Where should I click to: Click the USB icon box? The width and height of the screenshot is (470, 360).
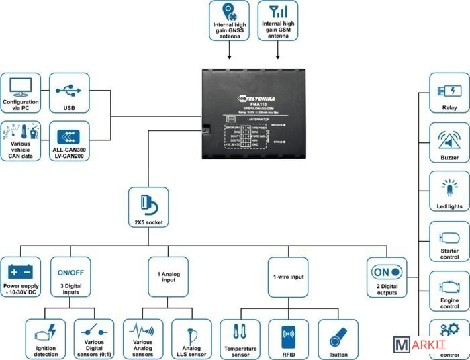pyautogui.click(x=70, y=93)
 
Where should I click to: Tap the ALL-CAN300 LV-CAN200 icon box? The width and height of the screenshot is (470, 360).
pyautogui.click(x=70, y=140)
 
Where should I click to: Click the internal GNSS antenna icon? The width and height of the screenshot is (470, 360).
pyautogui.click(x=229, y=12)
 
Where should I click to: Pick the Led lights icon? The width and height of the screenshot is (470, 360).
pyautogui.click(x=449, y=187)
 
